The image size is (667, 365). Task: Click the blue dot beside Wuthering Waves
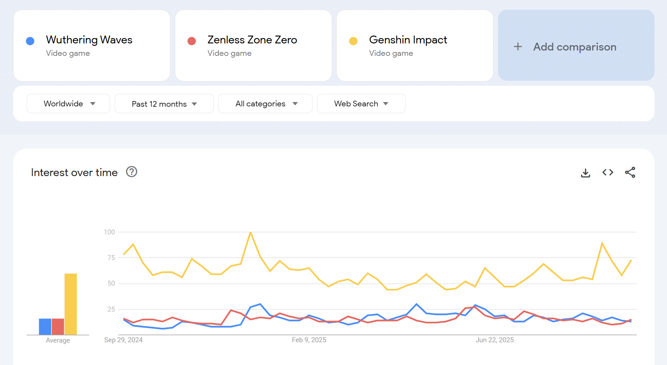tap(30, 41)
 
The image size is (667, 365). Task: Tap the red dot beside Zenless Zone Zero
tap(192, 41)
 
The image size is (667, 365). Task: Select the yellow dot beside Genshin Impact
tap(353, 41)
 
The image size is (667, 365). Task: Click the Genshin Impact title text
tap(408, 40)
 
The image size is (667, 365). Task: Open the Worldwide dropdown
tap(68, 104)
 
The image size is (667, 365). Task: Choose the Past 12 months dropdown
tap(164, 104)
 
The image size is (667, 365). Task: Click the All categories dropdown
tap(265, 104)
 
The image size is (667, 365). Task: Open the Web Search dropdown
tap(361, 104)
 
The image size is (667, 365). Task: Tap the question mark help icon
tap(131, 172)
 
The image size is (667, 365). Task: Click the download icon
tap(585, 173)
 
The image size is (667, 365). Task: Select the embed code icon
tap(607, 173)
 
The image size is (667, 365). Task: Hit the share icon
tap(630, 173)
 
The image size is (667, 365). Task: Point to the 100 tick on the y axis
tap(109, 232)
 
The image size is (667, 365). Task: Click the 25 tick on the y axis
tap(111, 309)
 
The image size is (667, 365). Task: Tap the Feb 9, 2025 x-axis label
tap(309, 340)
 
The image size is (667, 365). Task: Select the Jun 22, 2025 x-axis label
tap(495, 340)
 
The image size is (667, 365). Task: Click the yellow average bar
tap(71, 304)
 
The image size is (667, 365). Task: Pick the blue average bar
tap(45, 327)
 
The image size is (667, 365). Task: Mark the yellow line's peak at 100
tap(250, 232)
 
